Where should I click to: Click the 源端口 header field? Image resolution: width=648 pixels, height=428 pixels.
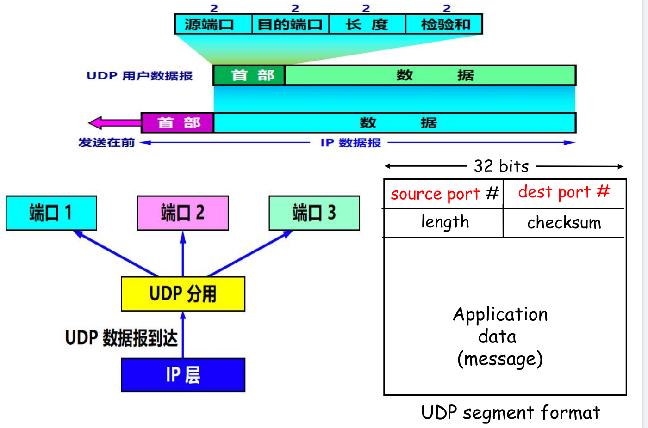(x=213, y=24)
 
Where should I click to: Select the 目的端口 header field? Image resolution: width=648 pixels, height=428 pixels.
(x=291, y=24)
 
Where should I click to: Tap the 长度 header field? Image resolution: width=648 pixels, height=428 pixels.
(x=368, y=24)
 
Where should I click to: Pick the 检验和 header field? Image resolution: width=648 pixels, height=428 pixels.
(x=444, y=24)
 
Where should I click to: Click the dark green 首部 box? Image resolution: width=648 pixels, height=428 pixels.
(x=249, y=75)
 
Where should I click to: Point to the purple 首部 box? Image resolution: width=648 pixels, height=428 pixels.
(x=178, y=123)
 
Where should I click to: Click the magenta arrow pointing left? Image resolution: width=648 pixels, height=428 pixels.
(x=115, y=123)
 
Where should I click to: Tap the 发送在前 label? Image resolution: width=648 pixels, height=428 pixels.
(x=107, y=142)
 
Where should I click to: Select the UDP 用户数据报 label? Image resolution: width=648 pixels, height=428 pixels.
(x=140, y=76)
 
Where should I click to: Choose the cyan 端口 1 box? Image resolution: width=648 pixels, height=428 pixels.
(x=51, y=213)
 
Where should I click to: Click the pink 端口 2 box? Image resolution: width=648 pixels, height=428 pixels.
(x=183, y=213)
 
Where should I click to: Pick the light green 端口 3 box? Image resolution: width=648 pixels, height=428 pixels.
(x=314, y=213)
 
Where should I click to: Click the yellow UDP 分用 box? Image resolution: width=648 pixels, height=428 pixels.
(x=183, y=293)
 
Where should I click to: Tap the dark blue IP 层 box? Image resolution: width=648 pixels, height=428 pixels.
(x=183, y=375)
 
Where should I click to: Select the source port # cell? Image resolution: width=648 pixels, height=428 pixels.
(x=444, y=194)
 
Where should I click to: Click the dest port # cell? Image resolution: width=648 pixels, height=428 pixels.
(x=565, y=194)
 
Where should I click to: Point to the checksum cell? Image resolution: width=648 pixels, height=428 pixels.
(x=565, y=223)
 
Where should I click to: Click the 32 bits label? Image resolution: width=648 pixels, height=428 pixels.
(x=501, y=166)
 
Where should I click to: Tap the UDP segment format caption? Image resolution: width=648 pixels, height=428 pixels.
(x=511, y=412)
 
